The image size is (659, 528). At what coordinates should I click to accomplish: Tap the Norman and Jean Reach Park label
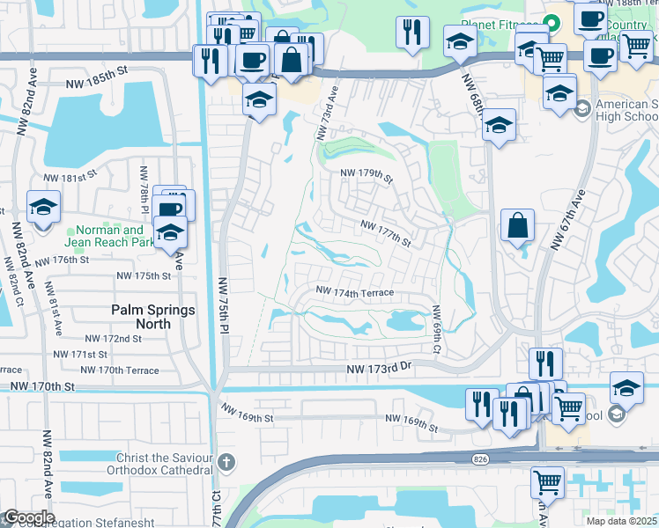(105, 237)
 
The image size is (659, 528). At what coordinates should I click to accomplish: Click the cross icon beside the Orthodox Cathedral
(226, 461)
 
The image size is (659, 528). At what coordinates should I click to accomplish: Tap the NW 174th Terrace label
(354, 291)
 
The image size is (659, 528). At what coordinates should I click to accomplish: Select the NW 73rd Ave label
(326, 111)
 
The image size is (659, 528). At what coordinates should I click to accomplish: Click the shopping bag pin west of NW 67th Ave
(517, 227)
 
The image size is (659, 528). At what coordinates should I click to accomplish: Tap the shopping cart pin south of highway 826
(548, 484)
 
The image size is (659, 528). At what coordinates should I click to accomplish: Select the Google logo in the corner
(29, 517)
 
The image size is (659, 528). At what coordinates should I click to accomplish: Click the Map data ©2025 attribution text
(621, 521)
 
